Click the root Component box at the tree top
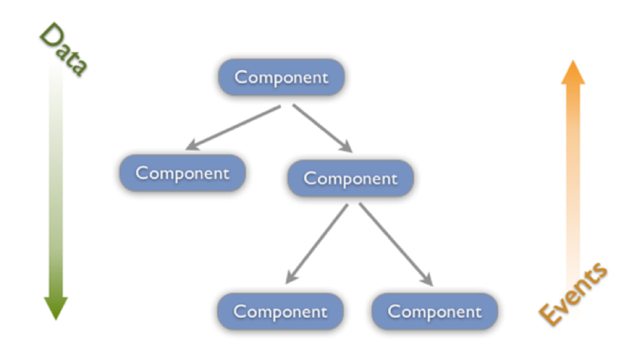[x=281, y=77]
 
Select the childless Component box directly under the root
[x=183, y=173]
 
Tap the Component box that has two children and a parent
[x=350, y=178]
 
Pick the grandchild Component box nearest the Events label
[x=434, y=311]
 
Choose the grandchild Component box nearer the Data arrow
[x=280, y=311]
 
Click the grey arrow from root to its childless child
[x=235, y=128]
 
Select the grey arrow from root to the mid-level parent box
[x=322, y=128]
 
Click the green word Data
[x=63, y=51]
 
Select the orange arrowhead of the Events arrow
[x=573, y=73]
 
